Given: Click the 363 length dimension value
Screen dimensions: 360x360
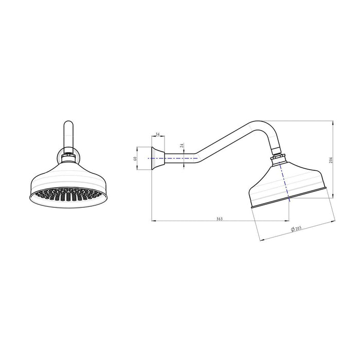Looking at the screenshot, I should (219, 219).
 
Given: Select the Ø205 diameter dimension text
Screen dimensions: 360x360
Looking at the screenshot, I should (297, 228).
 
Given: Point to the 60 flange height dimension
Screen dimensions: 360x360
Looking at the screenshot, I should (135, 159).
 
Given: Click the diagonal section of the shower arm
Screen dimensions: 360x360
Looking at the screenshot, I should (216, 141).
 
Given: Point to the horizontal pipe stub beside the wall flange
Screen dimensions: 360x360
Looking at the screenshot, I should (177, 159).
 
